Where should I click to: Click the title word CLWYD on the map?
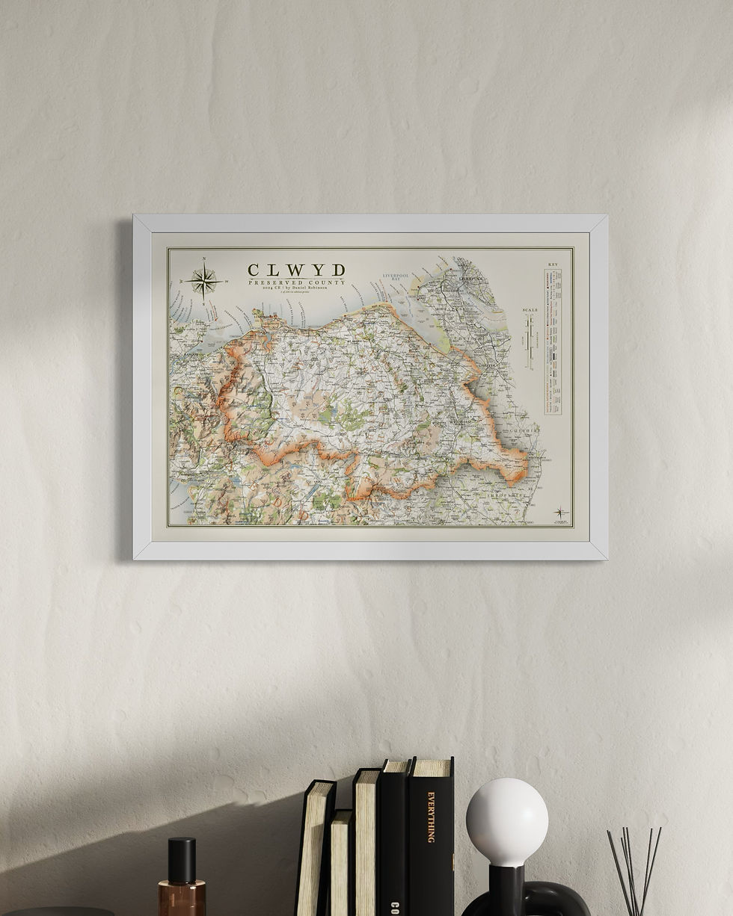(296, 270)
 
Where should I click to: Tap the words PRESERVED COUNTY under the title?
(296, 282)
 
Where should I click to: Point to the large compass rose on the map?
(203, 282)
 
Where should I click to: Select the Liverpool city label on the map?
(473, 279)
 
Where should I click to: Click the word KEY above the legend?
(553, 264)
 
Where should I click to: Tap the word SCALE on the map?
(530, 309)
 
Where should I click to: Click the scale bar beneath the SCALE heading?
(530, 341)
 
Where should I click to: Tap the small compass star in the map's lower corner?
(559, 513)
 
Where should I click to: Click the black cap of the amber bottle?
(181, 860)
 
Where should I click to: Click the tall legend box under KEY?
(553, 341)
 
